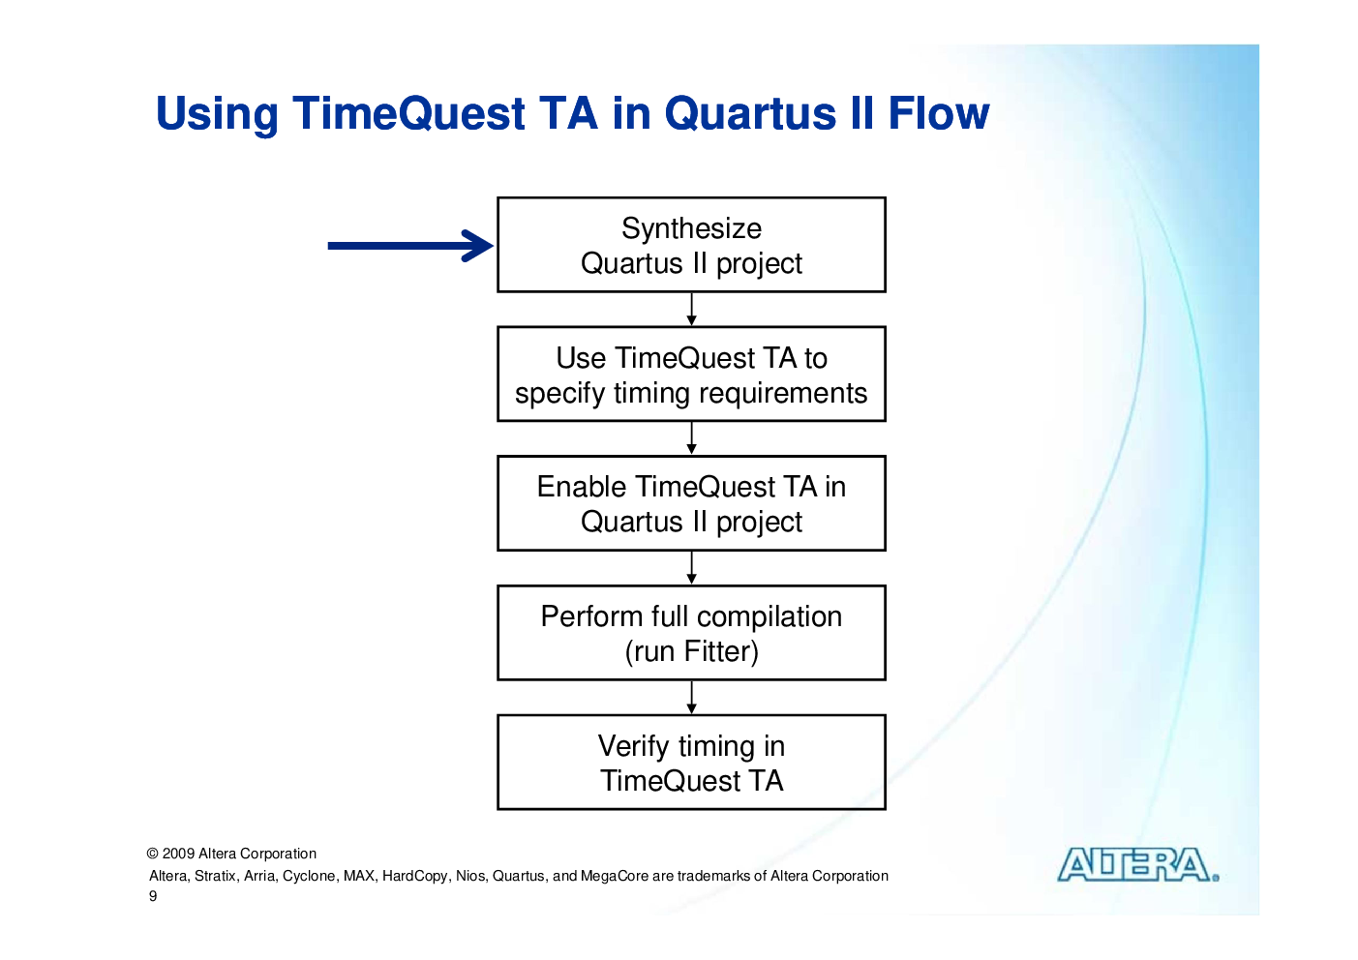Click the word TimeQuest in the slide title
point(409,113)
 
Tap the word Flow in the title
point(939,113)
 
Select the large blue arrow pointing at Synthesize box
point(410,246)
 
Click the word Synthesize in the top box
point(691,229)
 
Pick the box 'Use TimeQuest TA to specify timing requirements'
point(691,374)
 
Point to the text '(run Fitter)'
point(691,652)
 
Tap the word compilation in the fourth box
point(770,617)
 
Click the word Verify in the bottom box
point(633,747)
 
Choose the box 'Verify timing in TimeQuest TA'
point(691,763)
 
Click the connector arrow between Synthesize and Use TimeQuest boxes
point(691,309)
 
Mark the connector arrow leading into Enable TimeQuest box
point(691,438)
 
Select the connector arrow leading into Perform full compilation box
point(691,568)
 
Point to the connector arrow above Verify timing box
point(691,697)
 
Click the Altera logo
point(1138,865)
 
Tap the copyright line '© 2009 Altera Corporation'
point(231,854)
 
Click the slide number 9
point(153,896)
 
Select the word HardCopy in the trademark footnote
point(414,877)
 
